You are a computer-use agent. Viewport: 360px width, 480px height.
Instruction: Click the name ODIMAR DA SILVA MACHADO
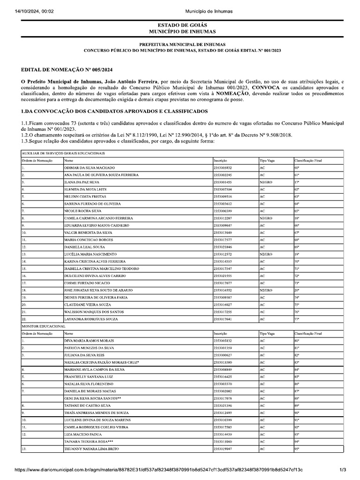[89, 167]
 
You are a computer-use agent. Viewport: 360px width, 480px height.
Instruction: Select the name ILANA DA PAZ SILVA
[82, 182]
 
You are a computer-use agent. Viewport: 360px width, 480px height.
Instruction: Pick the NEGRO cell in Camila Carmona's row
[266, 218]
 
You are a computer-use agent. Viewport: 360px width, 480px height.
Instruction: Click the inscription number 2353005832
[222, 167]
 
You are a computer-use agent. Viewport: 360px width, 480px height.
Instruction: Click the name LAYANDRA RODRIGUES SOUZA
[91, 319]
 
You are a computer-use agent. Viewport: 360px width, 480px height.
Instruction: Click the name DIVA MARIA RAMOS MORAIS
[88, 340]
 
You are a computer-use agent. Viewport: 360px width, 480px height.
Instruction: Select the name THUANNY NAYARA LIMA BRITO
[91, 449]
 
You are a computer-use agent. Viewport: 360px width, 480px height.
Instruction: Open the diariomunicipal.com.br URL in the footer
[159, 470]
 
